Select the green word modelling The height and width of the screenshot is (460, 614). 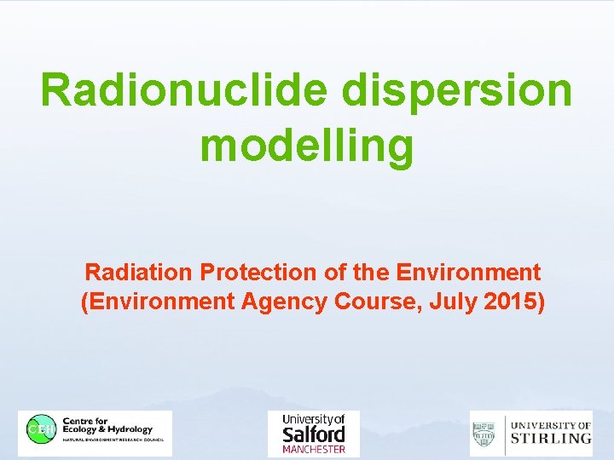click(307, 145)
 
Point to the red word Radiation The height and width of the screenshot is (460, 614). click(138, 273)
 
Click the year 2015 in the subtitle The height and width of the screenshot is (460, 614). click(510, 302)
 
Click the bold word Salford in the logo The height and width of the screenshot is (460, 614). click(314, 434)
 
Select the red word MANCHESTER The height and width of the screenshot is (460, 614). click(314, 449)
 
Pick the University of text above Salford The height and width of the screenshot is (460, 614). click(314, 420)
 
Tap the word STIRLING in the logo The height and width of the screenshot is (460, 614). click(551, 439)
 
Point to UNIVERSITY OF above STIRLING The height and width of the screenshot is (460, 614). click(551, 425)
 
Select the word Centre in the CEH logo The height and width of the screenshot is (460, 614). click(77, 421)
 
